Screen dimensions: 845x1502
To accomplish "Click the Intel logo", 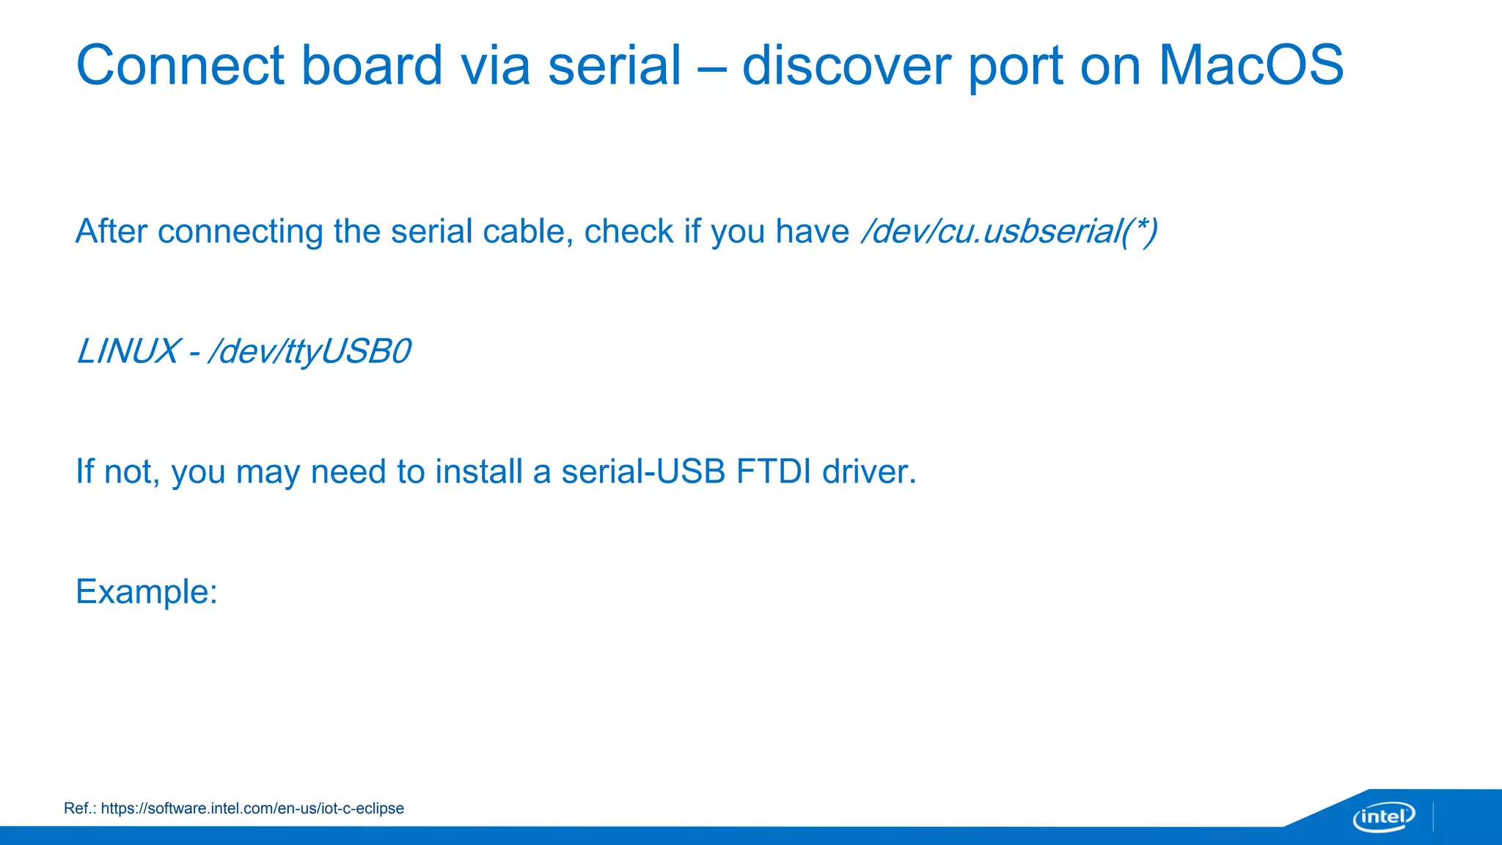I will coord(1383,816).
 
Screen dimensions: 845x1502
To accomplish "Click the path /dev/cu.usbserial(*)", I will coord(1009,232).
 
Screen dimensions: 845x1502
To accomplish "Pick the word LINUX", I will coord(128,351).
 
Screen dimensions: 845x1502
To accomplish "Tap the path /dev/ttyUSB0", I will coord(309,352).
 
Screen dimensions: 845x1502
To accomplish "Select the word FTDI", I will coord(773,472).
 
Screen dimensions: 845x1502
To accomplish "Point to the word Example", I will coord(146,592).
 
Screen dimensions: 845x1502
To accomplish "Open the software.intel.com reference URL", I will coord(252,808).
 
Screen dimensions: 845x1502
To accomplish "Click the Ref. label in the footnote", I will coord(79,808).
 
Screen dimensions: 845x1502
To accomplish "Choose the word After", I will coord(111,232).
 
